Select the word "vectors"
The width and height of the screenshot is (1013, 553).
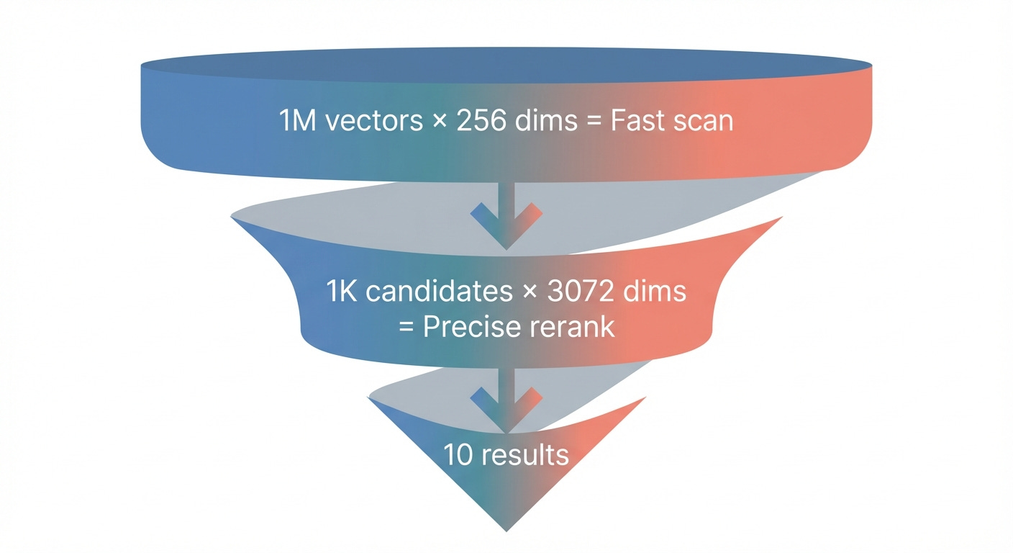pyautogui.click(x=374, y=121)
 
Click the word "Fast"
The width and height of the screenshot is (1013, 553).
pyautogui.click(x=636, y=121)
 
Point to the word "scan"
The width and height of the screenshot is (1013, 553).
pyautogui.click(x=704, y=121)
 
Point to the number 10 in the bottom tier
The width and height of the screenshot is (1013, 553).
pyautogui.click(x=458, y=455)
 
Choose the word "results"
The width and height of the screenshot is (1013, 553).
pyautogui.click(x=524, y=455)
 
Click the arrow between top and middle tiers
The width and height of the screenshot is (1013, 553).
pyautogui.click(x=506, y=216)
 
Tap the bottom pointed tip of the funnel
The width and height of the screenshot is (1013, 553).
pyautogui.click(x=506, y=530)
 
